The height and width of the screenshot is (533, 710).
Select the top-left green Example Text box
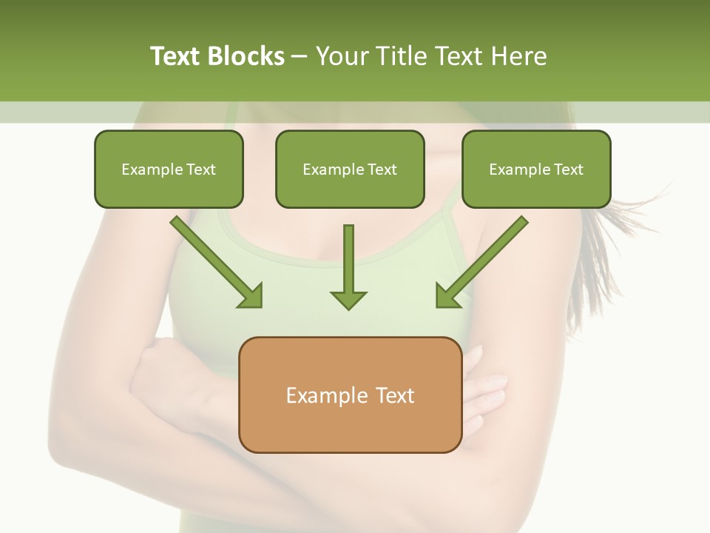coord(169,169)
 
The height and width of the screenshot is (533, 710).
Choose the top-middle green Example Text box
coord(350,169)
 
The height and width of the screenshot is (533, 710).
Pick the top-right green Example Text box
coord(536,169)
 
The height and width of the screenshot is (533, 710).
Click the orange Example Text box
coord(350,395)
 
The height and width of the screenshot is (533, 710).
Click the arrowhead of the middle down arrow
coord(348,299)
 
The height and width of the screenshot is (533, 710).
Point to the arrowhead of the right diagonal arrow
coord(447,296)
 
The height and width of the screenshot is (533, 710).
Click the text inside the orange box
coord(350,395)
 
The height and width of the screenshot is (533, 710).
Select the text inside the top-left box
coord(169,170)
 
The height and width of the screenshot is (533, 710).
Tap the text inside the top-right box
coord(536,170)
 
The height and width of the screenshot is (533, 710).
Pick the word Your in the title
coord(342,56)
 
